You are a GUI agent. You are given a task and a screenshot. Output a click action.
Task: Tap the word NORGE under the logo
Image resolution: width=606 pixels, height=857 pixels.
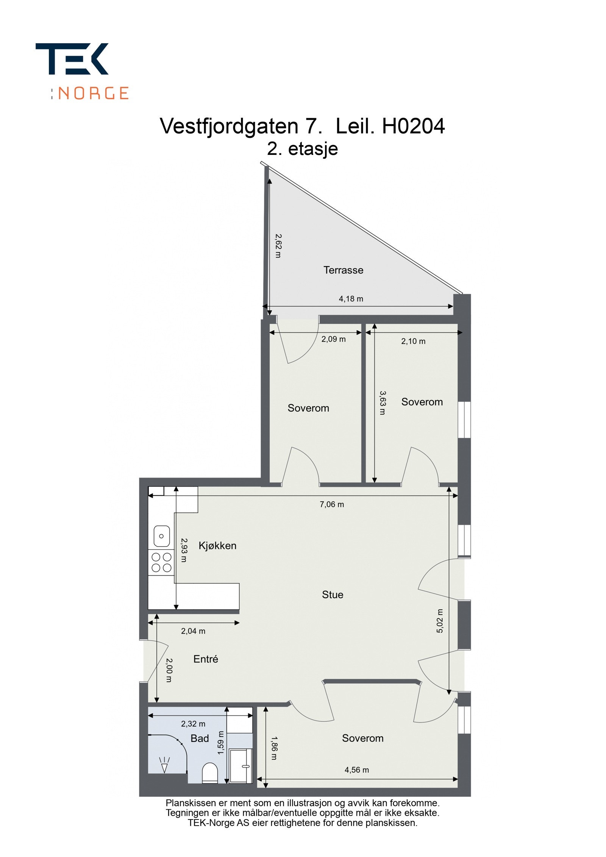pos(94,93)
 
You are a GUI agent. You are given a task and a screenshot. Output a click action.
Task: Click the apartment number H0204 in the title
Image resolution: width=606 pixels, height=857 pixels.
pos(413,126)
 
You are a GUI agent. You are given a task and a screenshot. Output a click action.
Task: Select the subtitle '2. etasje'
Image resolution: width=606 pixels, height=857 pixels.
pos(302,149)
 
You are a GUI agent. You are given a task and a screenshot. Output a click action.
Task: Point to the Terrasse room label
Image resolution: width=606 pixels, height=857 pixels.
pos(343,270)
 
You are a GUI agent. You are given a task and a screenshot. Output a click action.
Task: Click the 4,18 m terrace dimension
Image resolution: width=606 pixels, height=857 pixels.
pos(351,299)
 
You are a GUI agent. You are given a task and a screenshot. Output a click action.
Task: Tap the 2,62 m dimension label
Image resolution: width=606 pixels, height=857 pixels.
pos(278,246)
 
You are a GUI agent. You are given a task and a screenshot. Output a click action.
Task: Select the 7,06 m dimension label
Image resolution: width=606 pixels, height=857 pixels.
pos(332,504)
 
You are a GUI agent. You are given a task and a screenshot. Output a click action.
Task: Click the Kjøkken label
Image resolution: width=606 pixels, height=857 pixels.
pos(217,546)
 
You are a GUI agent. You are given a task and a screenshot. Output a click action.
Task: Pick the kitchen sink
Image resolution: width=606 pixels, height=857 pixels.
pos(161,536)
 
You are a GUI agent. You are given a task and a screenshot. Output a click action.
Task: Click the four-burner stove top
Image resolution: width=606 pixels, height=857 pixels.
pos(161,562)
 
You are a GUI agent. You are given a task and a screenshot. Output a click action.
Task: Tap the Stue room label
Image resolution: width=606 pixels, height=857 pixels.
pos(333,595)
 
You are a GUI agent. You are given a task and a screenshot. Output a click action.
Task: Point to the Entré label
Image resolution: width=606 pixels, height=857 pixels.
pos(206,659)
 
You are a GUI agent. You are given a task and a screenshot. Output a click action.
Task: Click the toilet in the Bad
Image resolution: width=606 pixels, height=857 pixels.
pos(210,773)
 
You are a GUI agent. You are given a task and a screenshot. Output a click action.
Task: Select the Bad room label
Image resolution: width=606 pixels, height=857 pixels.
pos(200,738)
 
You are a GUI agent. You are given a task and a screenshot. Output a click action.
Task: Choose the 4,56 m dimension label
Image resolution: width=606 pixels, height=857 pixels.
pos(356,770)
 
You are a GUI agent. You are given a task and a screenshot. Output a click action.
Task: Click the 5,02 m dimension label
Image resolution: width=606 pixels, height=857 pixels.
pos(439,621)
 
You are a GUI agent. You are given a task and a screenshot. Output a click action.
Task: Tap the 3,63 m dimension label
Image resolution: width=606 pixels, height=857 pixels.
pos(383,403)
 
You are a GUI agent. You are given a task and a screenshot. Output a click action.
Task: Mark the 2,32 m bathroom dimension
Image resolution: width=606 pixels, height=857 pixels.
pos(193,724)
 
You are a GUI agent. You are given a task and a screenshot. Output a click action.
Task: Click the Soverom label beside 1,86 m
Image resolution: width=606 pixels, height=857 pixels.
pos(362,738)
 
